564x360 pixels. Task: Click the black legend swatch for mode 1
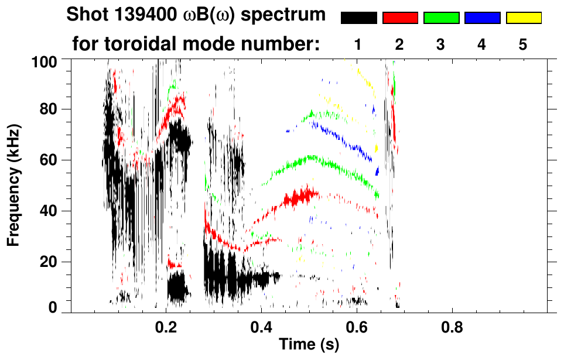358,18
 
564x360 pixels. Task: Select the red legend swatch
400,18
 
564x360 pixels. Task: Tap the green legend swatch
441,18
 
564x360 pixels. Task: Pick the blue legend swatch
482,18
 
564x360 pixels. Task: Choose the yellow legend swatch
524,18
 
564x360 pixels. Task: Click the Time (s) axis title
309,345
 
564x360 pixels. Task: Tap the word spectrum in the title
290,15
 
